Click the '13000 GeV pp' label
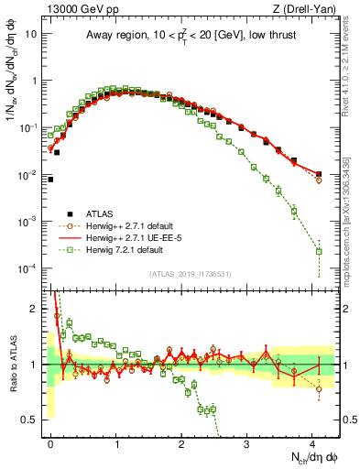72,8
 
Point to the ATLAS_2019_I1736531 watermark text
189,273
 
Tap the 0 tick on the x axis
51,442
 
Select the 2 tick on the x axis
182,442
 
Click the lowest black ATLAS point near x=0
50,180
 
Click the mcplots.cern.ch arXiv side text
352,229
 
